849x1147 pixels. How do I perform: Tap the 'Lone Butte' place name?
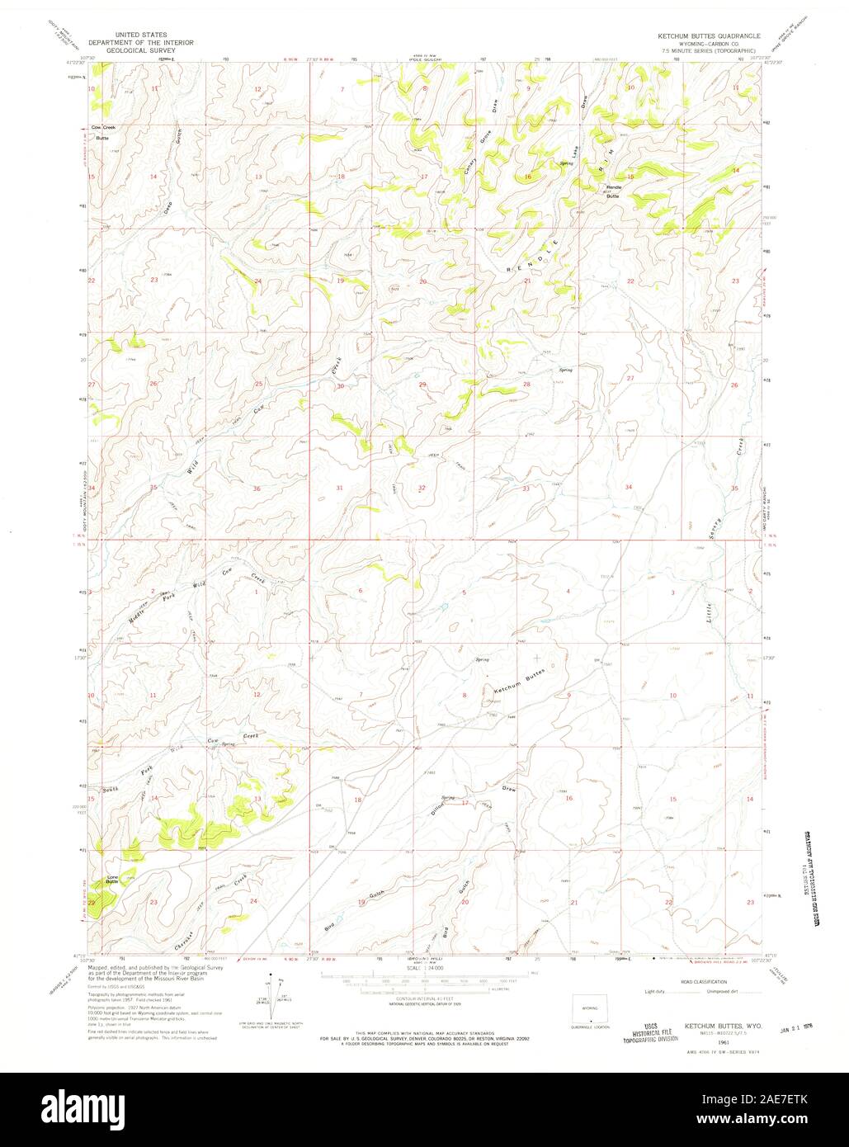coord(111,880)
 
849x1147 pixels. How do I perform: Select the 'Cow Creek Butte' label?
coord(102,133)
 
